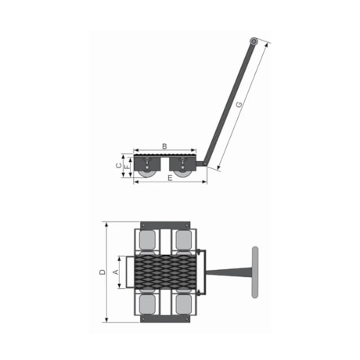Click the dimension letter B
pyautogui.click(x=164, y=146)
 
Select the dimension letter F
pyautogui.click(x=126, y=167)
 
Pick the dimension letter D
pyautogui.click(x=102, y=272)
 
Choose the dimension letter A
pyautogui.click(x=116, y=272)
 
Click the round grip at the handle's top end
pyautogui.click(x=254, y=41)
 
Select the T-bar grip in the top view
pyautogui.click(x=254, y=272)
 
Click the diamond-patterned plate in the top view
pyautogui.click(x=165, y=272)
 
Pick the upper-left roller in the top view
pyautogui.click(x=147, y=238)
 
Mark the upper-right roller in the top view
pyautogui.click(x=183, y=238)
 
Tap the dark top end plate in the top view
pyautogui.click(x=165, y=225)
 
